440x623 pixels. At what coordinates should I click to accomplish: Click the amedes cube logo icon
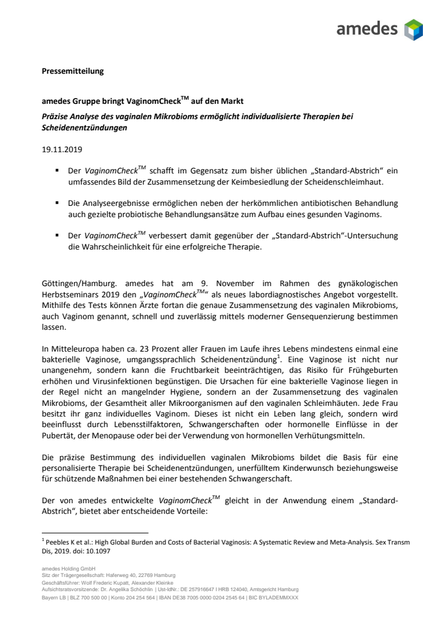click(413, 29)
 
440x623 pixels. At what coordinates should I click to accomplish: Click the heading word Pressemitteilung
click(73, 71)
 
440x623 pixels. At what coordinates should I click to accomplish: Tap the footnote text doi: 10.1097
click(78, 550)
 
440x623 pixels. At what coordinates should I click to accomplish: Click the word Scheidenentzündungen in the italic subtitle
click(85, 127)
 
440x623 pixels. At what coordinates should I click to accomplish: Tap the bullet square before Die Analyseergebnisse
click(57, 202)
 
